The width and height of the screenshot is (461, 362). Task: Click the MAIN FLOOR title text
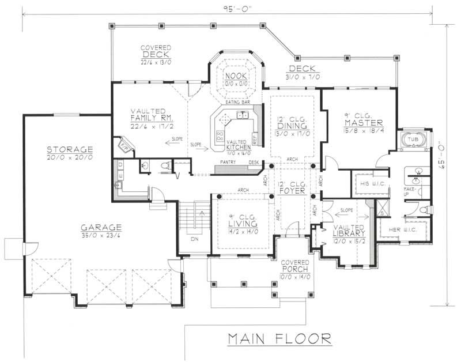[278, 338]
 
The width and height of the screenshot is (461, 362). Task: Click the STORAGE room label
[70, 149]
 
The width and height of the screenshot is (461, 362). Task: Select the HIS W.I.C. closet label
[368, 183]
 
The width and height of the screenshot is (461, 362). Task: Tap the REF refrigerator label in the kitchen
[255, 138]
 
